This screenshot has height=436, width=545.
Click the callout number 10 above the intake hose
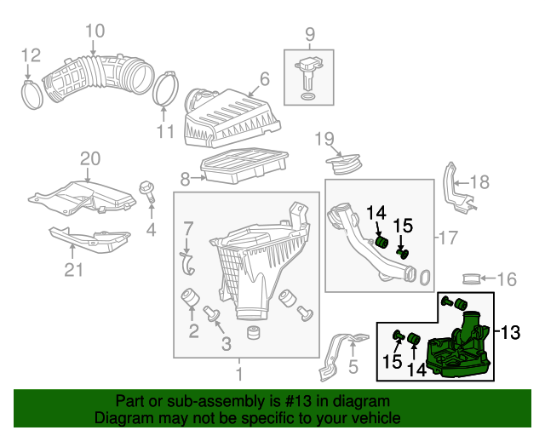(95, 31)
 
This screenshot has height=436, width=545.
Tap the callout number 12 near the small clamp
(31, 55)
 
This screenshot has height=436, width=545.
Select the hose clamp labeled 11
(164, 89)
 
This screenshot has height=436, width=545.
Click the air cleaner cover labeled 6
(232, 118)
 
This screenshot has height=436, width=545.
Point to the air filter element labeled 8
(244, 165)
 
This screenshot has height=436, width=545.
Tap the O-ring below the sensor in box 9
(308, 96)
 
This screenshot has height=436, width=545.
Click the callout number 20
(90, 158)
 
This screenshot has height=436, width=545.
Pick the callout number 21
(74, 269)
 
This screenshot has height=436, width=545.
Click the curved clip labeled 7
(187, 263)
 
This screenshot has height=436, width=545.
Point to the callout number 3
(227, 344)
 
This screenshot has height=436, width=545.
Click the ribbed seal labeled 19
(343, 164)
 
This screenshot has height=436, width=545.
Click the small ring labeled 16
(471, 278)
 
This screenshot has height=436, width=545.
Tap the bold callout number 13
(510, 332)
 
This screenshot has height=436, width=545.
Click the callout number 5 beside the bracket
(353, 366)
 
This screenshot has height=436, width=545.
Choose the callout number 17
(449, 238)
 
